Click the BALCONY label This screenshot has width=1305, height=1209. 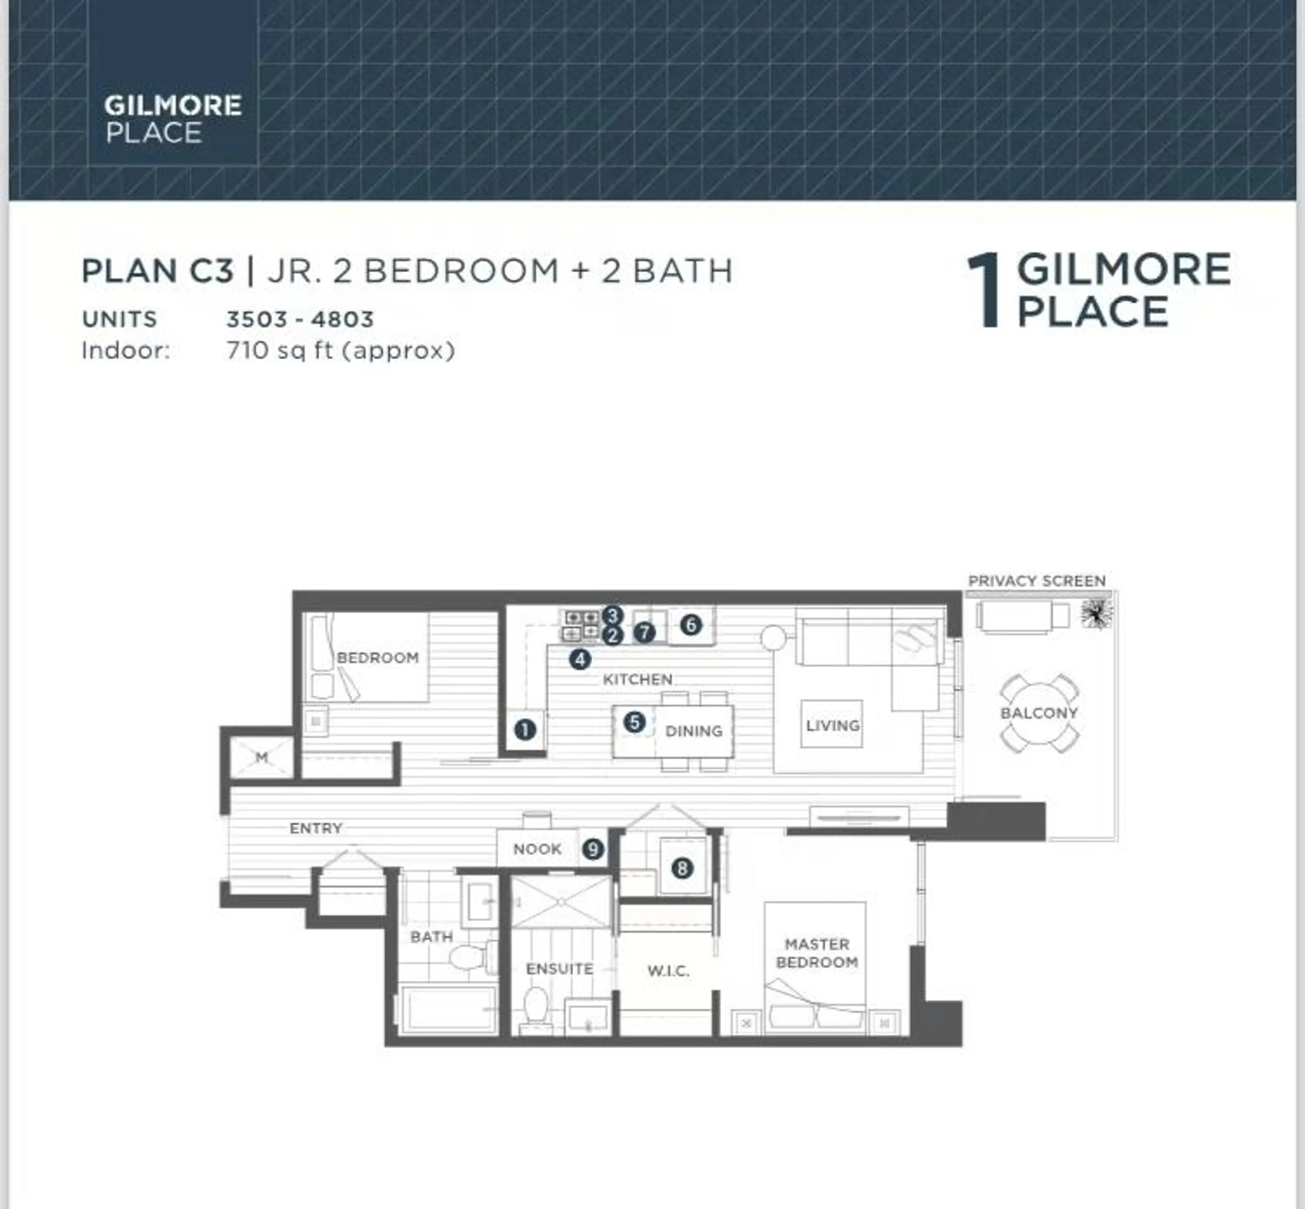tap(1039, 713)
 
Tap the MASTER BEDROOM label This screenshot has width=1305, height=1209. tap(817, 953)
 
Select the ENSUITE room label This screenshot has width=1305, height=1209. tap(559, 968)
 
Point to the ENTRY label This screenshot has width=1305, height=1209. tap(316, 828)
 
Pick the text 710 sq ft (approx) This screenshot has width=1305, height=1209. tap(340, 351)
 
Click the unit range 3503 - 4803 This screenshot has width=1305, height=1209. tap(300, 319)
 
